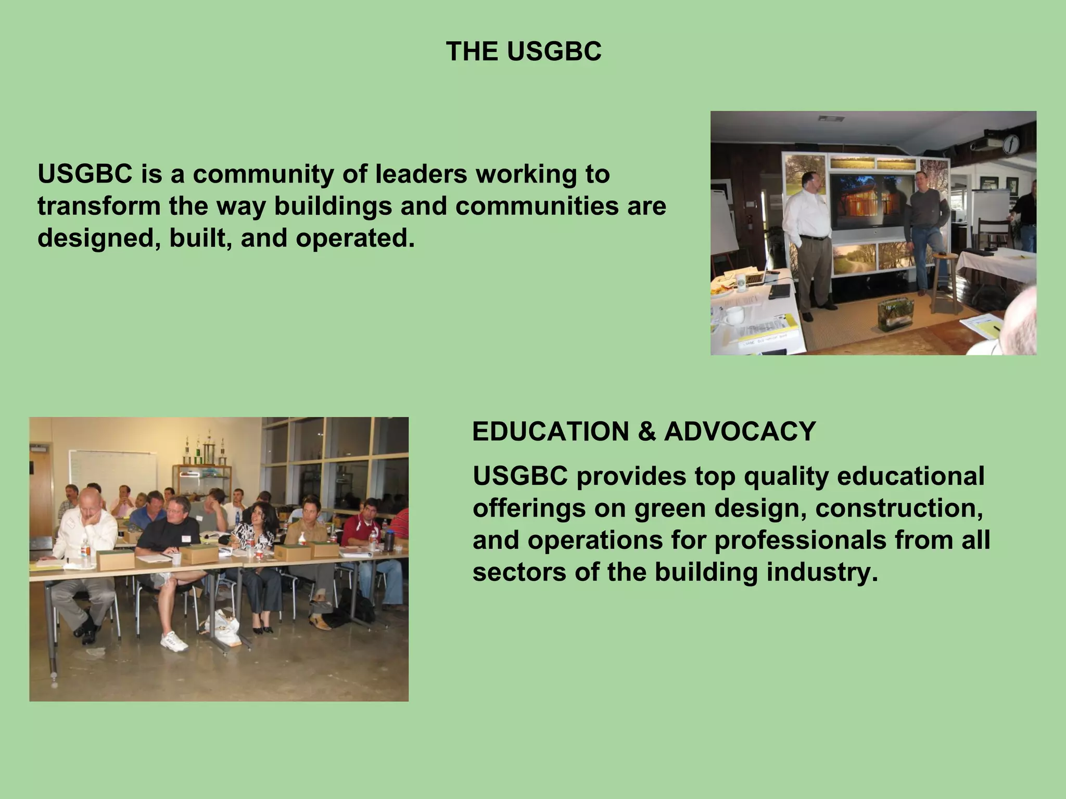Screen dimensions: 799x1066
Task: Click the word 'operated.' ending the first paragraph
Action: [355, 238]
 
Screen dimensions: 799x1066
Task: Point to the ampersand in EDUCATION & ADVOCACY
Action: [646, 432]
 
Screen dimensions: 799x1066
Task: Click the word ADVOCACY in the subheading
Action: [740, 432]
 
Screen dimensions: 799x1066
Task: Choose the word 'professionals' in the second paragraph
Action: [800, 540]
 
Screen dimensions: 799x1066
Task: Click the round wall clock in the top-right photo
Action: [1011, 144]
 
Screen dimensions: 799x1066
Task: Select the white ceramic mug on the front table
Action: [733, 314]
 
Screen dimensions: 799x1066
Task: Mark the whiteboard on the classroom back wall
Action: [112, 471]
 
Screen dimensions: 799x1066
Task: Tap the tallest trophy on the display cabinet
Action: [209, 450]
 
